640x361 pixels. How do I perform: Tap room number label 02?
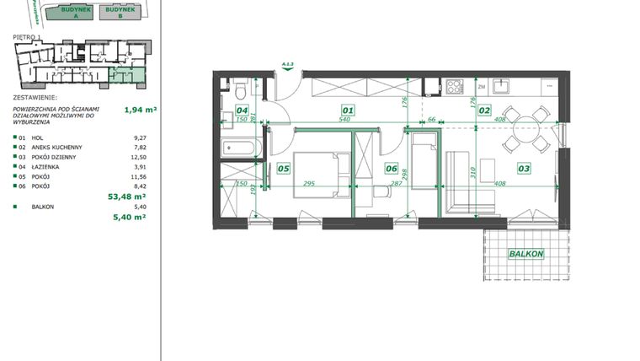[x=484, y=110]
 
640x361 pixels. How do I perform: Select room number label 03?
[x=524, y=169]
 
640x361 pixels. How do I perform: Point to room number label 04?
[x=242, y=110]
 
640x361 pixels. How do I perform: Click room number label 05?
[x=283, y=169]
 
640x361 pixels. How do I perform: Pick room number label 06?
[x=391, y=169]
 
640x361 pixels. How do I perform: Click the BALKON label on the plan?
[x=525, y=254]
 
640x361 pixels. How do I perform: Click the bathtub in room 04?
[x=239, y=148]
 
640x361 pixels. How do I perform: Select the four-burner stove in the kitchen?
[x=454, y=85]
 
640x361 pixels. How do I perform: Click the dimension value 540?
[x=344, y=120]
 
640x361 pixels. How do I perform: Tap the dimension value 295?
[x=309, y=183]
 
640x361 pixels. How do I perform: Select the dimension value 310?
[x=473, y=173]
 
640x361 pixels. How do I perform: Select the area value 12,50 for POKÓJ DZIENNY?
[x=140, y=157]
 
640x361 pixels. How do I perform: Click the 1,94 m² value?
[x=141, y=109]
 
